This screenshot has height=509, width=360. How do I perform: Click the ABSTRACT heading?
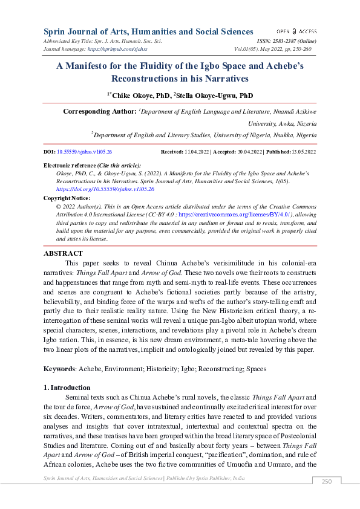[x=63, y=254]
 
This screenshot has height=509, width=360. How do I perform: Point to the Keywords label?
[x=59, y=368]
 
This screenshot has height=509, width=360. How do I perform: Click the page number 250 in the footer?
[x=327, y=481]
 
